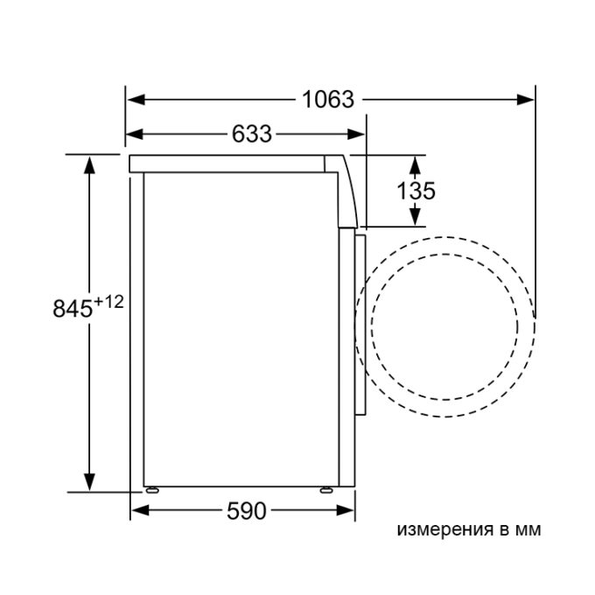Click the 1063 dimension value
[328, 100]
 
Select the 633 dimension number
[252, 134]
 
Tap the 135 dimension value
[416, 191]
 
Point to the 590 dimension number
[247, 511]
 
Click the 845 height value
[73, 308]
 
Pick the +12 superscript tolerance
[108, 302]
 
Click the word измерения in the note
[444, 529]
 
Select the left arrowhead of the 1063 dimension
[136, 100]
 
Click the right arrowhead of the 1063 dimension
[526, 100]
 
